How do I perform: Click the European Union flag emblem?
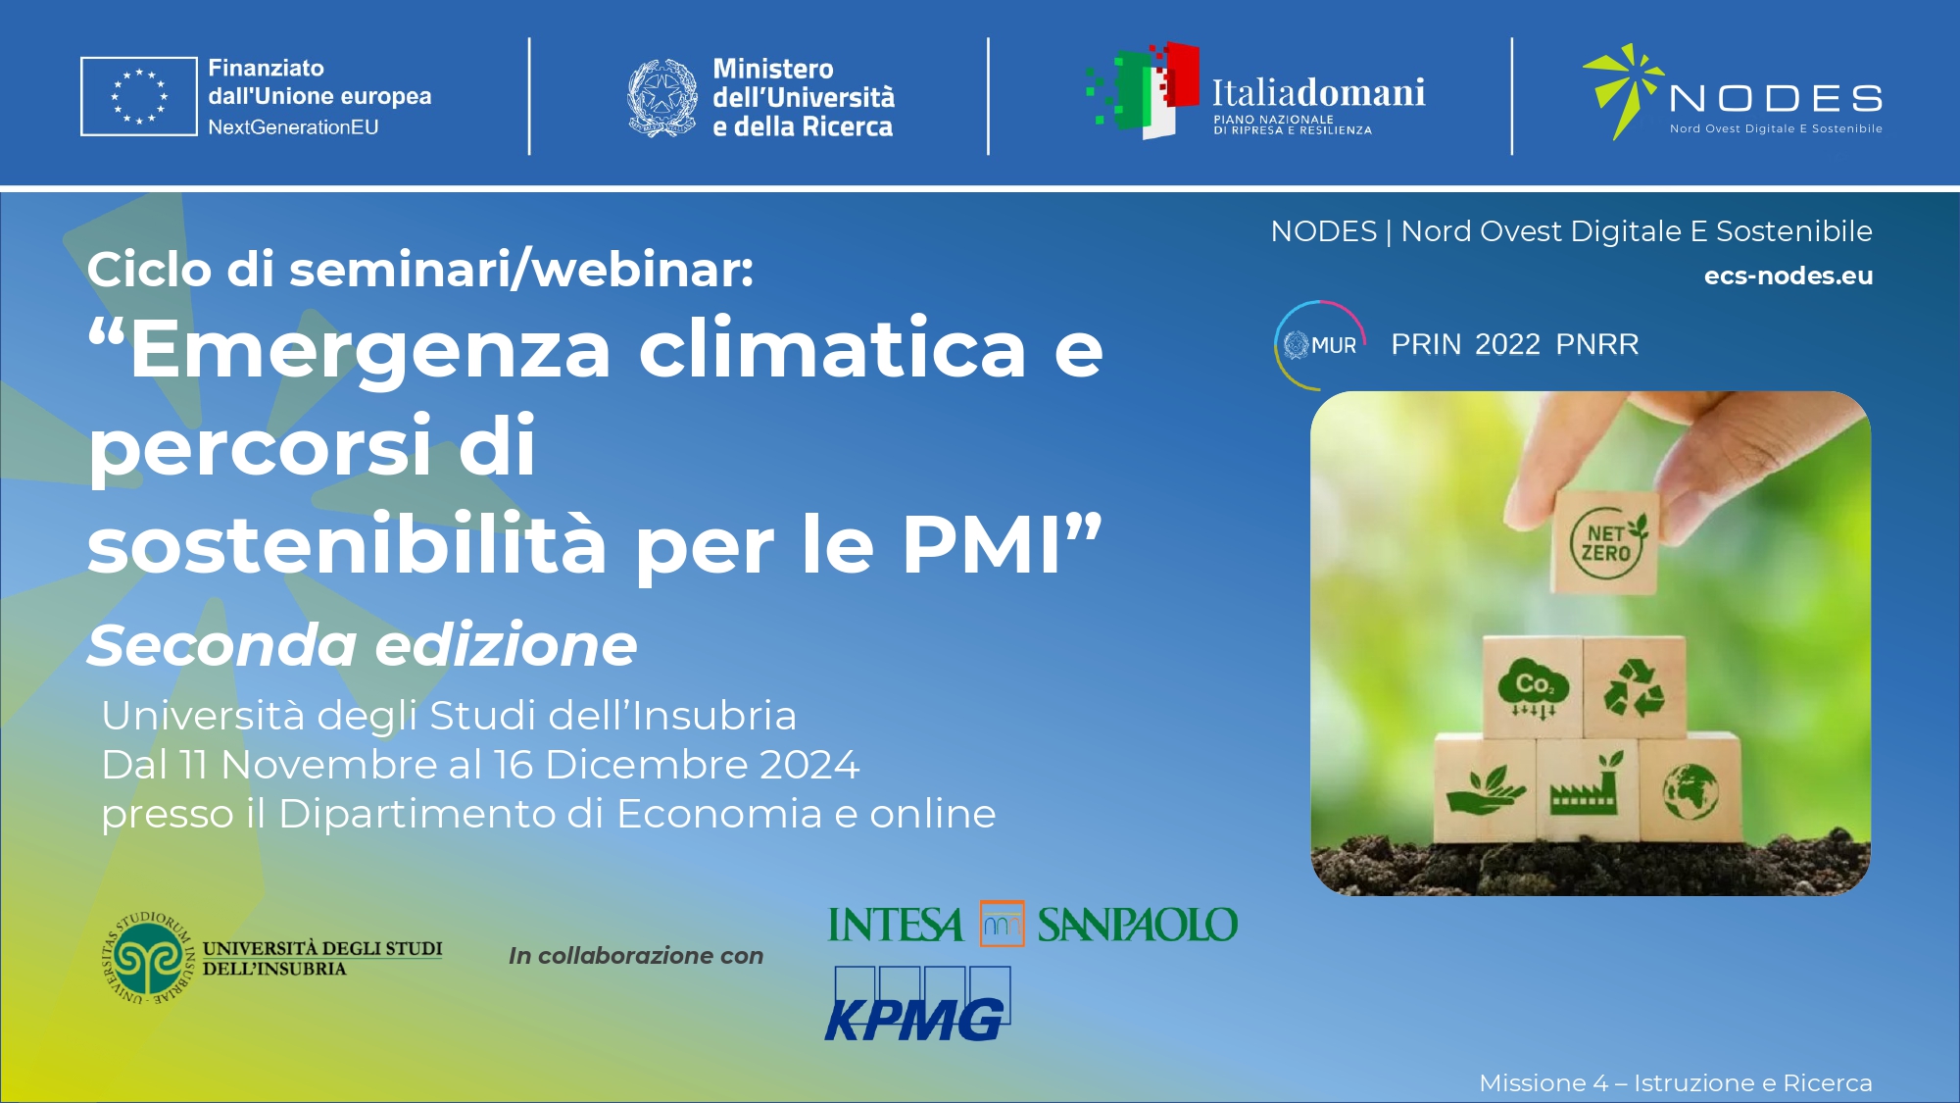[x=139, y=96]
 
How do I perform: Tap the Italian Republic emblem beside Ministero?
[x=662, y=97]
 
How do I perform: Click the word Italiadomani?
[x=1318, y=93]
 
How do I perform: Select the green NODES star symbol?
[x=1623, y=89]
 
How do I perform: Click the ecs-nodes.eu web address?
[x=1788, y=276]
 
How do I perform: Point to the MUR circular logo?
[x=1319, y=345]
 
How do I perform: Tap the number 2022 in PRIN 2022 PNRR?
[x=1507, y=344]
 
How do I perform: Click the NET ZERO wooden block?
[x=1605, y=542]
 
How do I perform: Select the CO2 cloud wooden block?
[x=1533, y=687]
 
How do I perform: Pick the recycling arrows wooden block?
[x=1635, y=687]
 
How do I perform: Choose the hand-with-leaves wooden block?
[x=1485, y=789]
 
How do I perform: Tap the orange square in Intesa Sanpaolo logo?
[x=1002, y=924]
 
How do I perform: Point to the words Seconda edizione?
[x=362, y=645]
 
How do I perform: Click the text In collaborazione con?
[x=636, y=956]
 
